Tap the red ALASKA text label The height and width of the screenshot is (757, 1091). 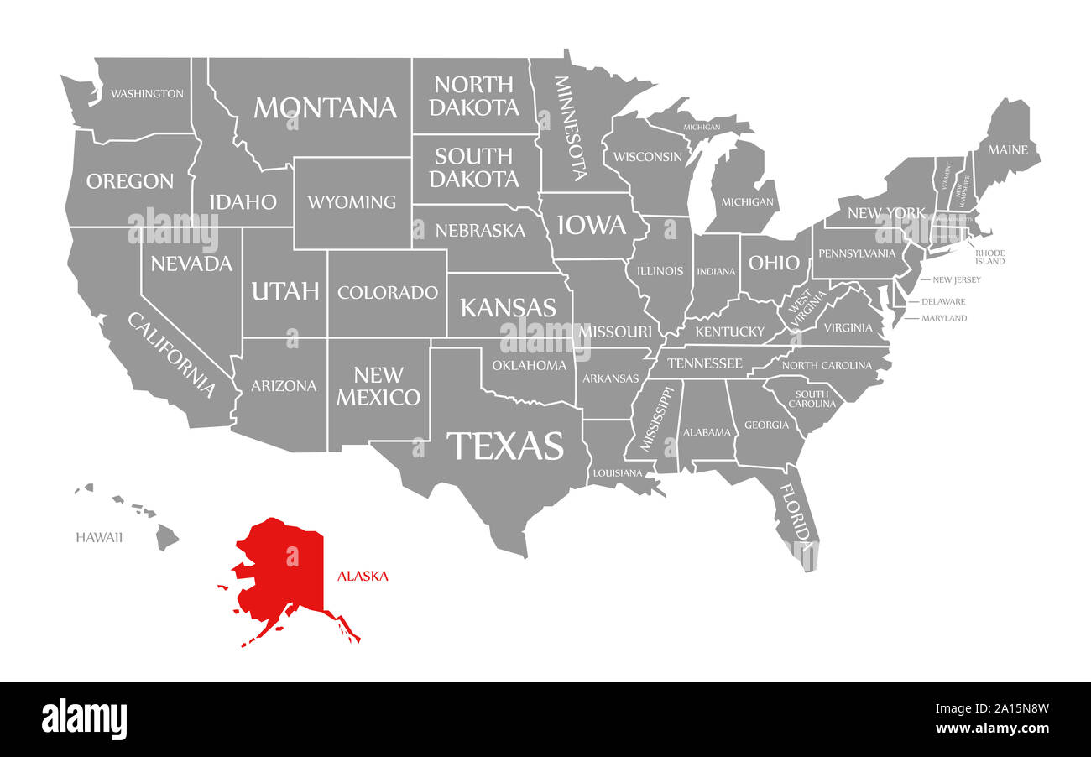click(x=363, y=577)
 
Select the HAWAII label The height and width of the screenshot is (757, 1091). click(x=99, y=537)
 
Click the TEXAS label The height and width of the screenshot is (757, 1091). click(x=504, y=446)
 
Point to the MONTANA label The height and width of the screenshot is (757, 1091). click(x=325, y=107)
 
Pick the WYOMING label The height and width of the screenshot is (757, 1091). click(x=352, y=202)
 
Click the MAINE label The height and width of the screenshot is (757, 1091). click(x=1007, y=150)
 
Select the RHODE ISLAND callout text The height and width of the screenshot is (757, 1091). click(x=989, y=257)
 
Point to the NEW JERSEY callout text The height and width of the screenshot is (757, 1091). click(x=956, y=279)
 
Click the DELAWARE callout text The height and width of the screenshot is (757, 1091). click(x=943, y=301)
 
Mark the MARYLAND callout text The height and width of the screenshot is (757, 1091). click(x=944, y=318)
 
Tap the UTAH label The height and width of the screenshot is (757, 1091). click(x=285, y=291)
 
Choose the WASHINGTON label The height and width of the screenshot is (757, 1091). click(x=147, y=93)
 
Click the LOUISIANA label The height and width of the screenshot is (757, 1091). click(x=618, y=473)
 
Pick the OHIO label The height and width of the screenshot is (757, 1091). click(x=774, y=263)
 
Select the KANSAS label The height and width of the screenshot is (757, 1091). click(x=509, y=307)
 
